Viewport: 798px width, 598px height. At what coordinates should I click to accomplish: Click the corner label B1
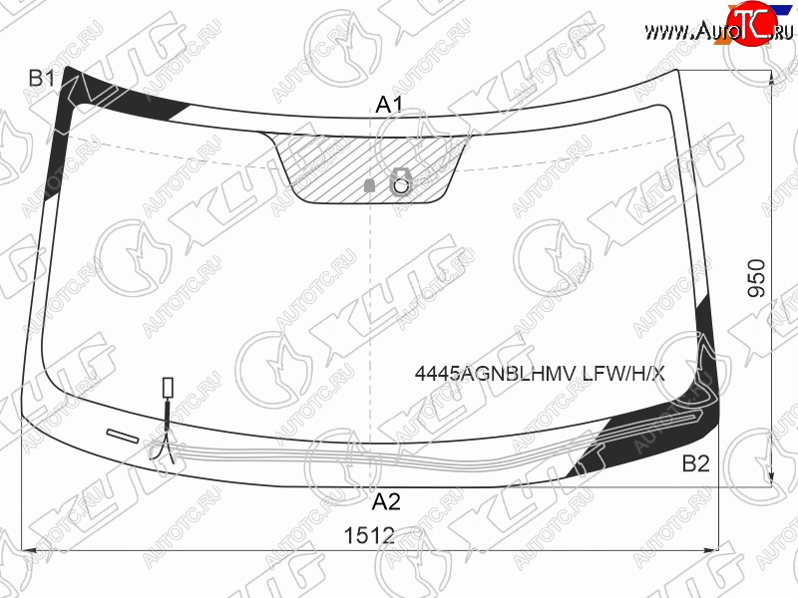pos(41,79)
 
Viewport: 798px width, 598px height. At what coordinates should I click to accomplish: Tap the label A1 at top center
pos(389,105)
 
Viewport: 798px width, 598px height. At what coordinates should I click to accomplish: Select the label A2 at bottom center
pos(386,502)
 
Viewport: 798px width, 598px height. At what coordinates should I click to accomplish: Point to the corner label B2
pos(695,463)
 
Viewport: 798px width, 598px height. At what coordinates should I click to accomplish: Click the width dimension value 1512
pos(369,535)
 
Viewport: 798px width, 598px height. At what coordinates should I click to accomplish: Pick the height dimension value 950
pos(757,278)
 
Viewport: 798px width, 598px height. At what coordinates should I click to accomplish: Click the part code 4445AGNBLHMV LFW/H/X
pos(540,375)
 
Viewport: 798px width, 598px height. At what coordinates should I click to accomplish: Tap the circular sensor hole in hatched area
pos(402,186)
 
